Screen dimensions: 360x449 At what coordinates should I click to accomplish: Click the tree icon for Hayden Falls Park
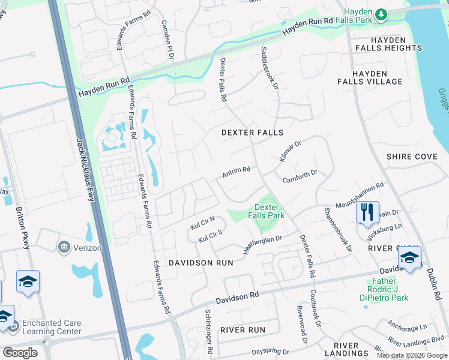click(381, 14)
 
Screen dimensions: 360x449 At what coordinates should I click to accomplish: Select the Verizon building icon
click(64, 247)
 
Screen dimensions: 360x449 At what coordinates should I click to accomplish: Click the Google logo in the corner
click(19, 352)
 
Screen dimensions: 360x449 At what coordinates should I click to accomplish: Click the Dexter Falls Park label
click(267, 211)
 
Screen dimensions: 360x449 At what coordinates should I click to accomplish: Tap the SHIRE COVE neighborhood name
click(412, 157)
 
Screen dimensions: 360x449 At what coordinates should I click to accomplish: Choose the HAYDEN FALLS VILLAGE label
click(378, 77)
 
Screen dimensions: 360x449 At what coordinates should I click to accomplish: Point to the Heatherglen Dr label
click(262, 244)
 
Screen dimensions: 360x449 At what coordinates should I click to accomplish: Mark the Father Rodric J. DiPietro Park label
click(388, 289)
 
